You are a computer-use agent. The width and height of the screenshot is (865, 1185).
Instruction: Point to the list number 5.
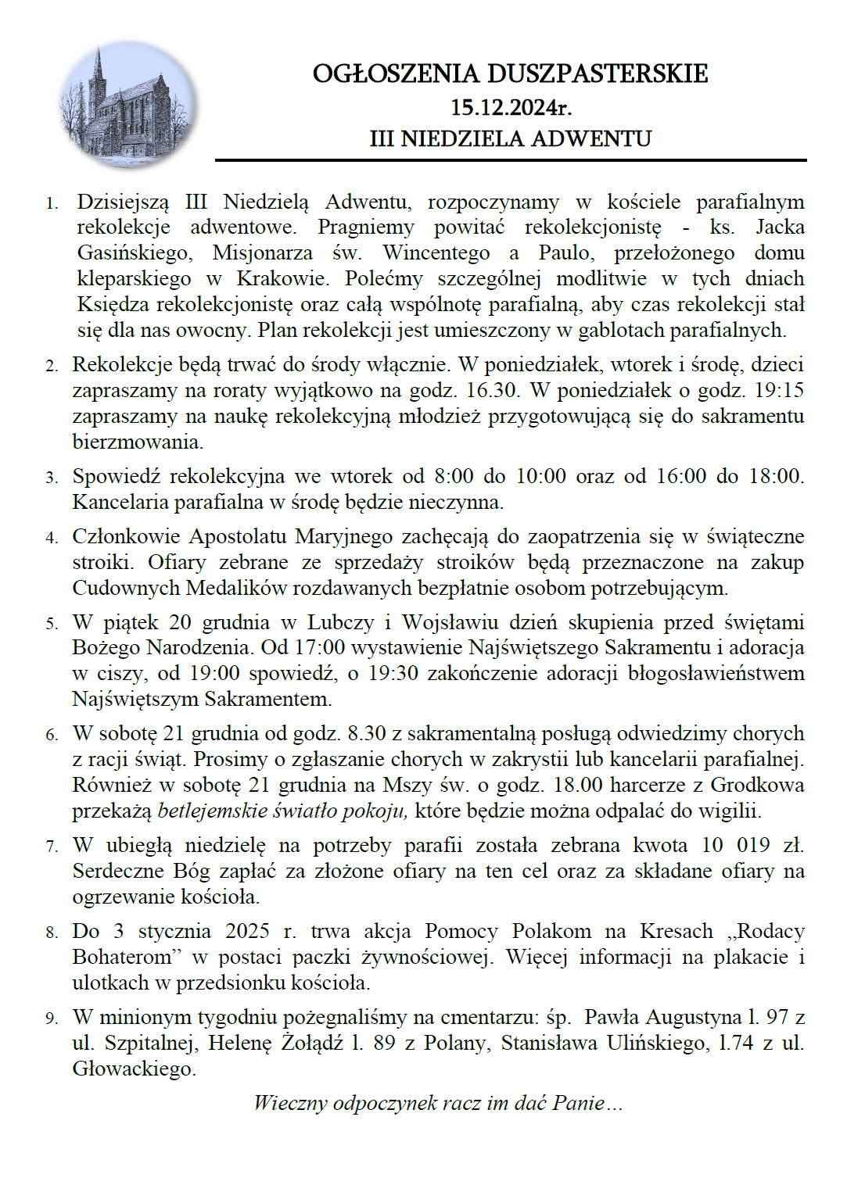coord(52,624)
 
